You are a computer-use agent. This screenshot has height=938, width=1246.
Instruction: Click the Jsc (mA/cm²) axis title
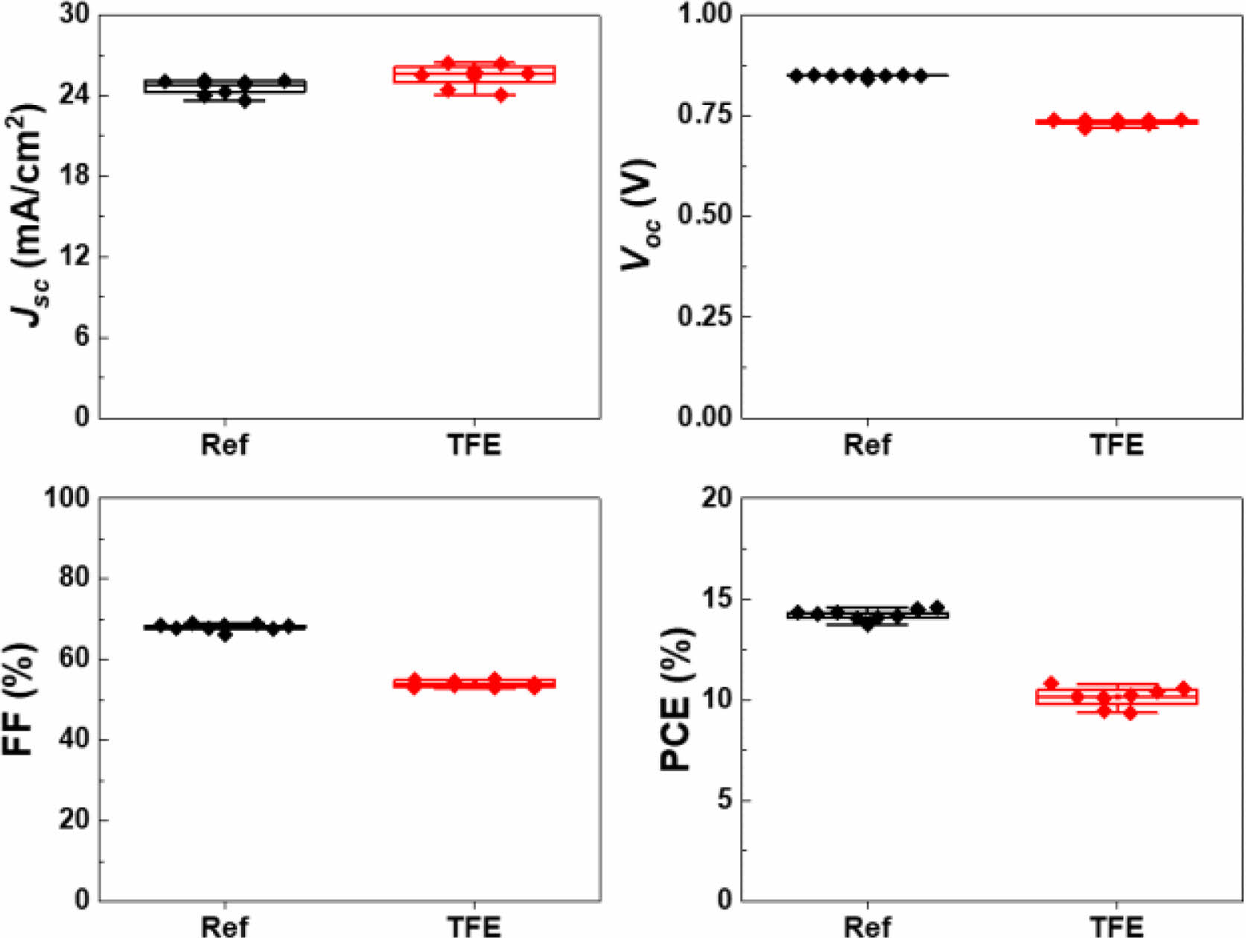[28, 216]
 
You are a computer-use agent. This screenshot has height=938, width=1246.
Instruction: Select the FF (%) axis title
[21, 699]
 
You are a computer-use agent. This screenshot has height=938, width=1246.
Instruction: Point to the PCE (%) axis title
[676, 699]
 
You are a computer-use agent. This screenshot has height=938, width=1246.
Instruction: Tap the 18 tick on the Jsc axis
[74, 176]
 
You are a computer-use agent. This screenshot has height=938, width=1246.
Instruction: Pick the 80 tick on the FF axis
[74, 578]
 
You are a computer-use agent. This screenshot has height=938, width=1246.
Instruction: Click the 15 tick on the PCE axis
[716, 599]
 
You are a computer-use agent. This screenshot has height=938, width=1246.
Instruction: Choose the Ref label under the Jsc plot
[224, 445]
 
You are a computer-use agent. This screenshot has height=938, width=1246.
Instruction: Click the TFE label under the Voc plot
[1116, 445]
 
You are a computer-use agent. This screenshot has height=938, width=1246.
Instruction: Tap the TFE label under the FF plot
[474, 926]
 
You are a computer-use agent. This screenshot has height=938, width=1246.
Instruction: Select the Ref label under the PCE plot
[867, 926]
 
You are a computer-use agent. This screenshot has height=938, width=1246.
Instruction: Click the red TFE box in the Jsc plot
[474, 74]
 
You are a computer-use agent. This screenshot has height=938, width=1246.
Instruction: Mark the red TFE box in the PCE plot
[1116, 697]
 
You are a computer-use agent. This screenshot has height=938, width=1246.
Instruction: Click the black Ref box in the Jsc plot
[224, 86]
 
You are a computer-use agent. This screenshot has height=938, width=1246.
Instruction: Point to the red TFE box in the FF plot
[474, 683]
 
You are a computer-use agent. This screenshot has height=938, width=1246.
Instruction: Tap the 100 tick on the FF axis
[67, 498]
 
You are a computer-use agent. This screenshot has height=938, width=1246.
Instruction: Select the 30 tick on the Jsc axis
[74, 15]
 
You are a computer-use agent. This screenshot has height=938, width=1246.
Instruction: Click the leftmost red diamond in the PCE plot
[1052, 683]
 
